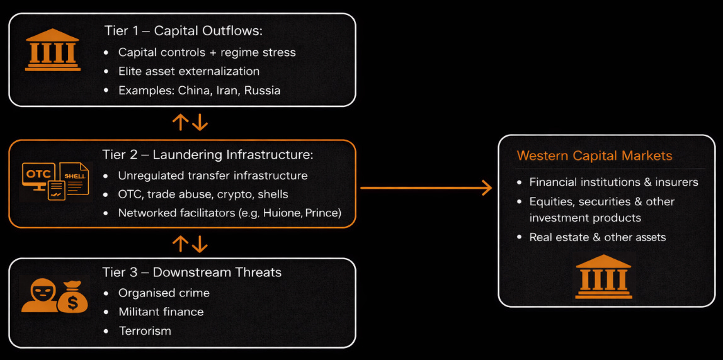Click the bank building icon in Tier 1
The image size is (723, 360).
[x=53, y=50]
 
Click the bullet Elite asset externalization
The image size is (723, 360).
[x=188, y=71]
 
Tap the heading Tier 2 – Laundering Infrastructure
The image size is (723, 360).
[x=207, y=155]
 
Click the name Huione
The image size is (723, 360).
[x=280, y=213]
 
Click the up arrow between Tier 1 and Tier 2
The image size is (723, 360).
[x=181, y=122]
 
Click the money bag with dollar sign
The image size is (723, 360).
[x=72, y=298]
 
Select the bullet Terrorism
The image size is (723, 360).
[x=145, y=330]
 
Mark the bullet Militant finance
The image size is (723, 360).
[x=161, y=312]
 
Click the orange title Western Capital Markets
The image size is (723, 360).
[x=595, y=155]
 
